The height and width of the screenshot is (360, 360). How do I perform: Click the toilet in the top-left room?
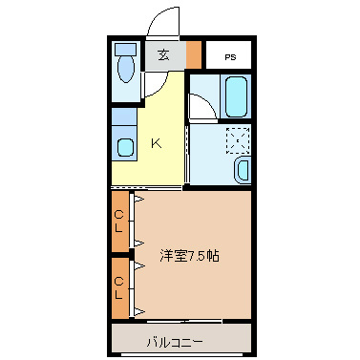[125, 71]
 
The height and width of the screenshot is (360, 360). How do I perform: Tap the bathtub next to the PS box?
[236, 96]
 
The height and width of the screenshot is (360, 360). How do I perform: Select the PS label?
[231, 57]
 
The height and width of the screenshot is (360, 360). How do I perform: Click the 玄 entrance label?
[163, 54]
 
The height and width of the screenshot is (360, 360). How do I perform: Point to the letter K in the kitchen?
[156, 144]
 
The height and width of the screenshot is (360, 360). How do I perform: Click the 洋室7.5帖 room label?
[189, 256]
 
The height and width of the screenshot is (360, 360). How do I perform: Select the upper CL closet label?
[118, 221]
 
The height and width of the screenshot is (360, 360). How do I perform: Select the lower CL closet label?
[118, 288]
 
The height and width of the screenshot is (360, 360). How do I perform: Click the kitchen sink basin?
[124, 148]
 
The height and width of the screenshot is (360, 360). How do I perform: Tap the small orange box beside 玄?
[195, 53]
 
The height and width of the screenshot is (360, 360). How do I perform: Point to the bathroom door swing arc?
[202, 107]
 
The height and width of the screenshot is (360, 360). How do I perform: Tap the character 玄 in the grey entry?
[163, 54]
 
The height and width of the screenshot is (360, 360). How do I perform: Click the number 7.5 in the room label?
[197, 256]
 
